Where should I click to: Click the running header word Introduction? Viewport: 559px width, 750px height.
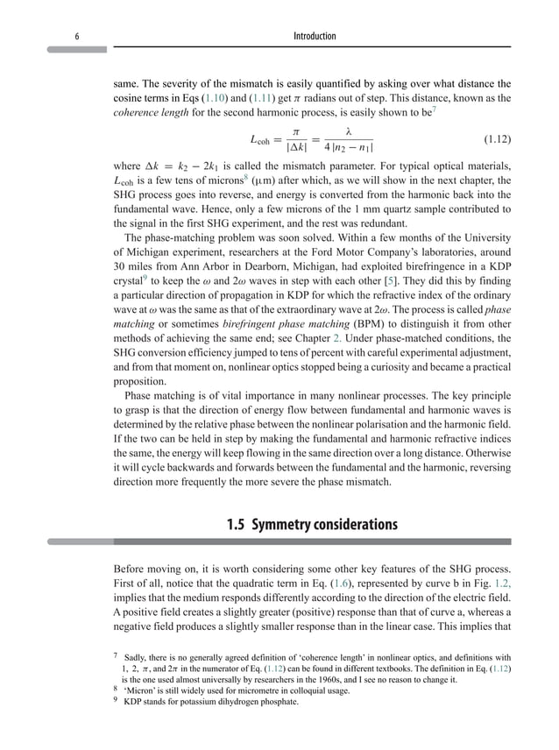[314, 35]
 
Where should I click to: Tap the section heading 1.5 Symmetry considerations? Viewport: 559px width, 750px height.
[311, 526]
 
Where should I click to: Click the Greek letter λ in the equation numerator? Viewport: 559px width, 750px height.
[349, 131]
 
